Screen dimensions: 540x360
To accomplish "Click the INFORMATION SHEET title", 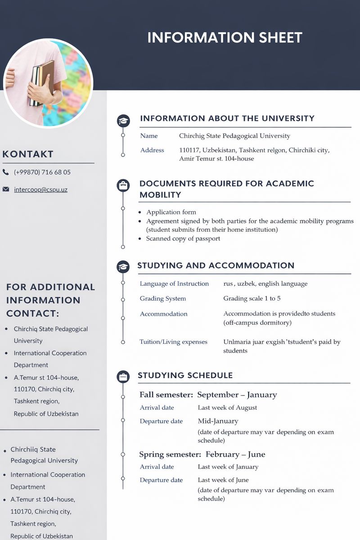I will [x=225, y=37].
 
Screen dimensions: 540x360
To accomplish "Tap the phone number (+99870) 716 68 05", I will [x=42, y=172].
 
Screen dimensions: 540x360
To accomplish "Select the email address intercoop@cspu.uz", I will [x=40, y=189].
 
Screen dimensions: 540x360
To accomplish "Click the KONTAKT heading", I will [x=28, y=154].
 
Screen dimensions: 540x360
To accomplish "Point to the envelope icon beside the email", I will [x=6, y=189].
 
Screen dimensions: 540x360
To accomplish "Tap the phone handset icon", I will [x=6, y=172].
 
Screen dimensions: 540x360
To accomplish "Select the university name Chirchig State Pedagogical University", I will [x=234, y=135].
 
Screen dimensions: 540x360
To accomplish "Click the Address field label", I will [x=152, y=150].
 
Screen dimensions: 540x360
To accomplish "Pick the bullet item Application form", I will [x=171, y=212].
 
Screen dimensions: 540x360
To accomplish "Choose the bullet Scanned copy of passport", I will [x=183, y=238].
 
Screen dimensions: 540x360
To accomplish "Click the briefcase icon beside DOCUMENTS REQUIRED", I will [x=123, y=185].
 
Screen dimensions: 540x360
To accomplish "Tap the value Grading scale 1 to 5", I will [x=252, y=298].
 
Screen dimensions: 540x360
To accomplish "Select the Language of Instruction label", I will [x=174, y=283].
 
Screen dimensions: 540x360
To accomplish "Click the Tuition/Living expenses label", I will [x=173, y=342].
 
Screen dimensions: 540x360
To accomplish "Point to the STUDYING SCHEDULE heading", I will [x=185, y=375].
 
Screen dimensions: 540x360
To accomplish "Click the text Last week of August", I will [x=227, y=407].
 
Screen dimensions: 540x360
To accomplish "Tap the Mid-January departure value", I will [x=218, y=421].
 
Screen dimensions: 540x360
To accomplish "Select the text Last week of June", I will [x=223, y=480].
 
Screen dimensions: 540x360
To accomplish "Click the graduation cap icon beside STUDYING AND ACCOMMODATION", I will [x=123, y=266].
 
